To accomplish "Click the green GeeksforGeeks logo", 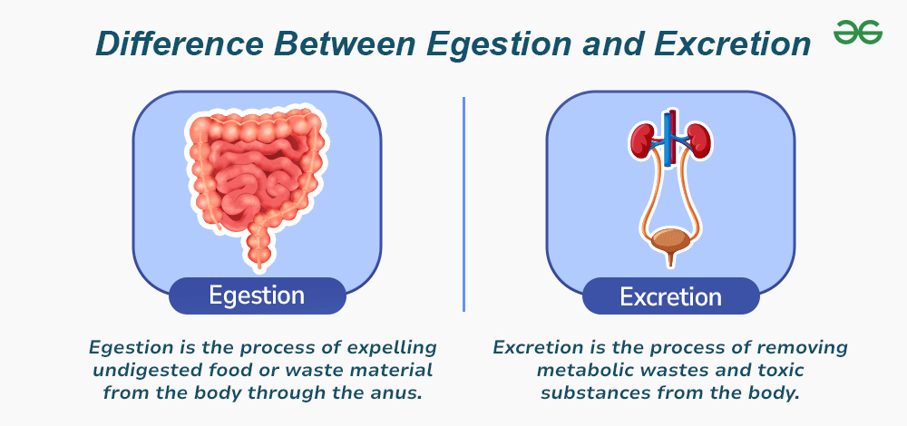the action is click(x=857, y=33).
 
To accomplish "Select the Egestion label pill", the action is click(x=257, y=295).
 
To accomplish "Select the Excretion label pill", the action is click(x=670, y=296).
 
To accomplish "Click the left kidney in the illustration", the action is click(x=642, y=141).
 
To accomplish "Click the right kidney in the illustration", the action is click(x=698, y=141).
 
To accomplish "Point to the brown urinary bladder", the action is click(x=670, y=243).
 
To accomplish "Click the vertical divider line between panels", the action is click(x=463, y=204).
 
